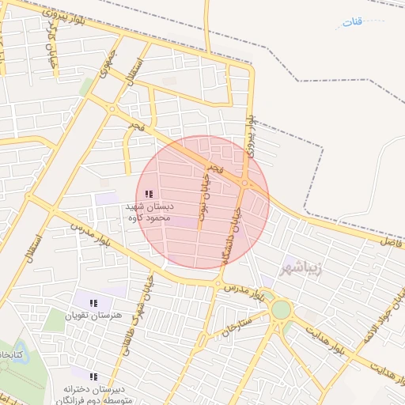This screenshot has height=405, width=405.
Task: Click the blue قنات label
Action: (x=352, y=21)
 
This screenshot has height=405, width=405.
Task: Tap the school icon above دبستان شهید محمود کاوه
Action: (x=149, y=194)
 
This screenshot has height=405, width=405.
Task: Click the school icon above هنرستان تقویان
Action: (x=93, y=302)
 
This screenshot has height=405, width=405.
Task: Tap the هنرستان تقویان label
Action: (x=95, y=316)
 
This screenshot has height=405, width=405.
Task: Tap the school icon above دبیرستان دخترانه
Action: (x=93, y=377)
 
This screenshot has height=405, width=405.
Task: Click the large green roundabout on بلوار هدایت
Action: (x=280, y=309)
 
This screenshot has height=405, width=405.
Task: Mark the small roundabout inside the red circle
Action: (x=244, y=184)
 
